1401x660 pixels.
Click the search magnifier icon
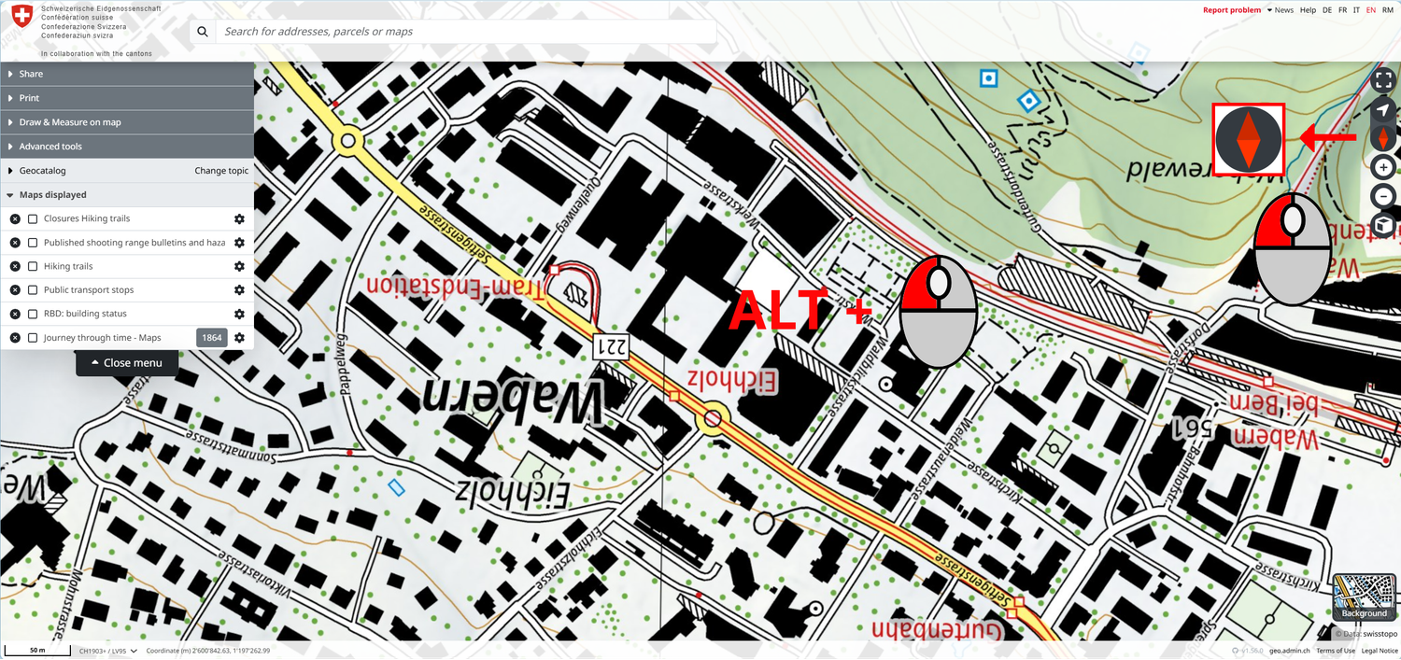click(202, 32)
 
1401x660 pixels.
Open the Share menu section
click(31, 74)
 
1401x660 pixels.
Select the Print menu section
click(29, 98)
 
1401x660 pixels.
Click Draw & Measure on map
click(70, 122)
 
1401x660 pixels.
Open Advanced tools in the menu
click(50, 147)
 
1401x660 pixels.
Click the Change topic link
click(221, 171)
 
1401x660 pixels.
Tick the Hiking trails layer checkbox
click(33, 266)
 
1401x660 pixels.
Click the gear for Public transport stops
click(239, 290)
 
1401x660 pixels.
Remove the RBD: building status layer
click(15, 314)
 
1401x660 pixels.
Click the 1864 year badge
click(212, 338)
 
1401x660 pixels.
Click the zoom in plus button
click(1383, 168)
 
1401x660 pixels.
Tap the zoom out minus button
click(1383, 196)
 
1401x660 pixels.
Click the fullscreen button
click(1383, 81)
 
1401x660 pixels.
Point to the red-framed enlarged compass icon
click(1249, 138)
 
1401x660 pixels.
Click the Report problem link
click(1231, 10)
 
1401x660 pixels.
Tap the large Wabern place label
click(513, 400)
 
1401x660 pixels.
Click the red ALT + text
click(799, 309)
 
